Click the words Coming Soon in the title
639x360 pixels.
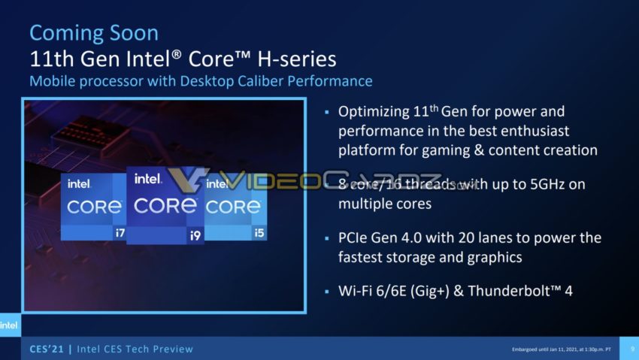tap(94, 33)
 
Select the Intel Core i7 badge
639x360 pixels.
tap(92, 207)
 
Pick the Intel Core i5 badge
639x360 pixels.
tap(235, 207)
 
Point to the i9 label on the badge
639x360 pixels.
tap(195, 235)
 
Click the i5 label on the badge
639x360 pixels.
tap(259, 232)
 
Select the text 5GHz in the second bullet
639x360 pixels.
tap(539, 185)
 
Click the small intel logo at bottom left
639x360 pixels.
tap(8, 325)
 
